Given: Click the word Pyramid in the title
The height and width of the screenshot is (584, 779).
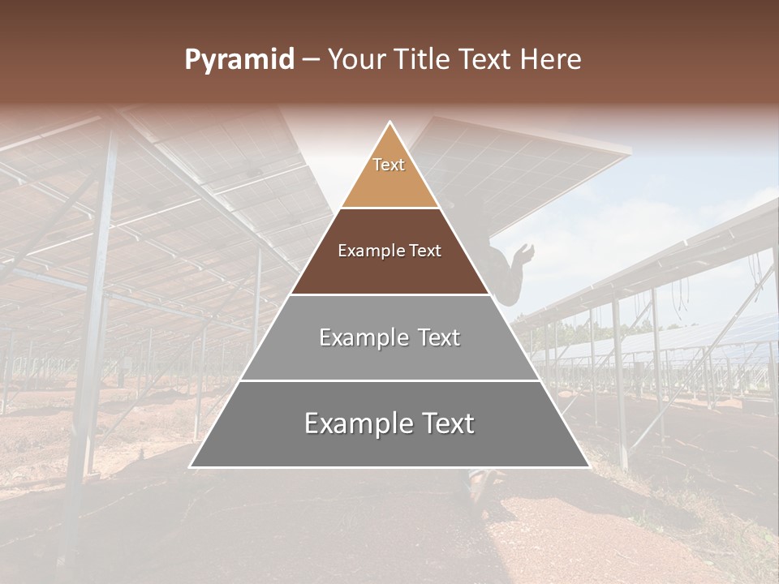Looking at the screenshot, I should pos(239,60).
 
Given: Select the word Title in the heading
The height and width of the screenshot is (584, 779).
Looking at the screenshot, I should pos(424,60).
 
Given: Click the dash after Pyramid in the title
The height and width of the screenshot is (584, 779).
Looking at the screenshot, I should pos(311,61).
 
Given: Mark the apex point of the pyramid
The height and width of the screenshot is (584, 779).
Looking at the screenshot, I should pos(390,122).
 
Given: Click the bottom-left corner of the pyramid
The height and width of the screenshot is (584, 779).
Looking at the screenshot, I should pos(191,466).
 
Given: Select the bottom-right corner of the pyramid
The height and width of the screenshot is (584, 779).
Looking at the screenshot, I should pos(588,466).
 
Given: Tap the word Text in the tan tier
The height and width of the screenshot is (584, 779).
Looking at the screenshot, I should pos(389,165).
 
